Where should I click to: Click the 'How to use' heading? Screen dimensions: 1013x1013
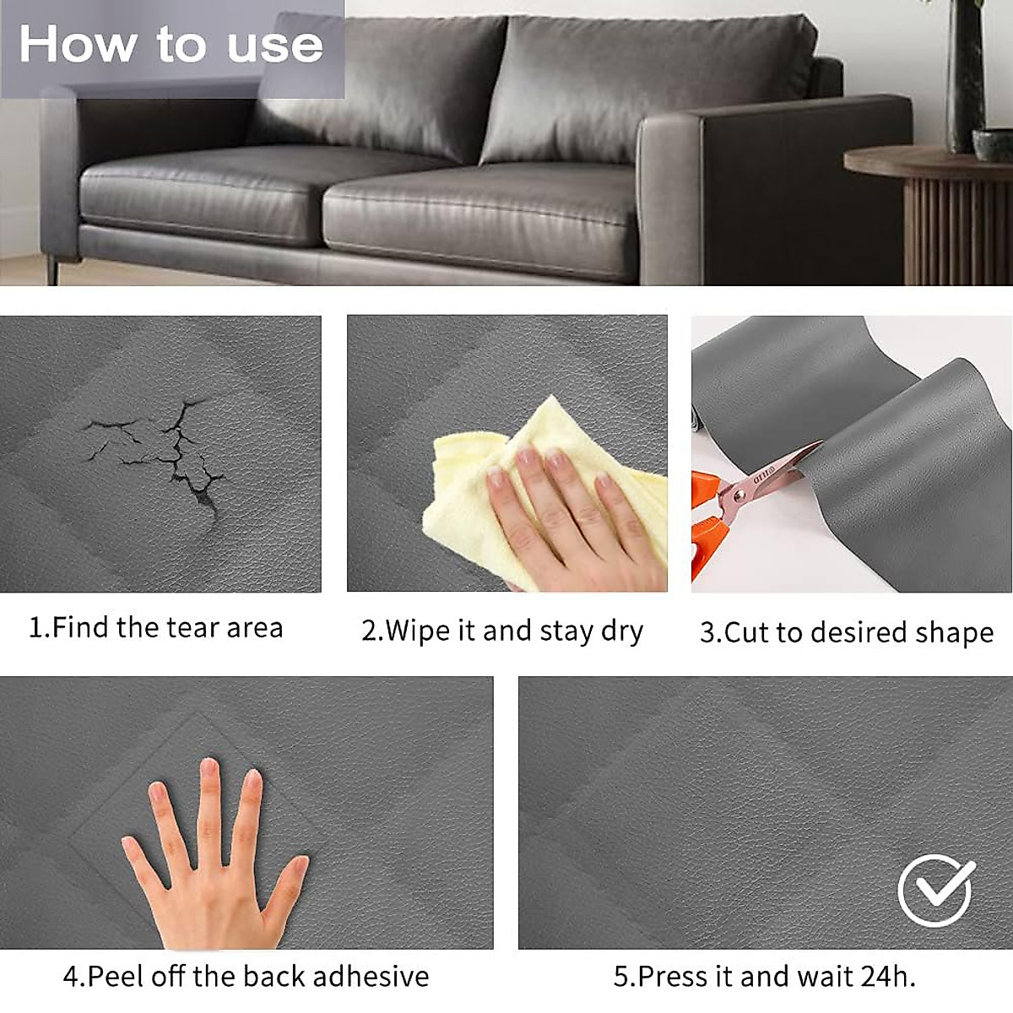[x=171, y=44]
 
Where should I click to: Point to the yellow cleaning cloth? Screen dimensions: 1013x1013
[x=473, y=498]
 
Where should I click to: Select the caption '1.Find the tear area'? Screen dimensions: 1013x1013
[x=156, y=628]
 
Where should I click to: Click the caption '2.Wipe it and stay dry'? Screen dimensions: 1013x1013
[x=502, y=631]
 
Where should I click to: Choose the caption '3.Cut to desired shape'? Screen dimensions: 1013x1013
[x=847, y=632]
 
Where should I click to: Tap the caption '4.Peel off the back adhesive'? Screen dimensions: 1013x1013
[x=246, y=977]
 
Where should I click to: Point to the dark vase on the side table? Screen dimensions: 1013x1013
[x=965, y=76]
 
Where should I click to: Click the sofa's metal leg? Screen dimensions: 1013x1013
[x=52, y=269]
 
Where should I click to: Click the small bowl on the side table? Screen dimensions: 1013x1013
[x=994, y=144]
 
